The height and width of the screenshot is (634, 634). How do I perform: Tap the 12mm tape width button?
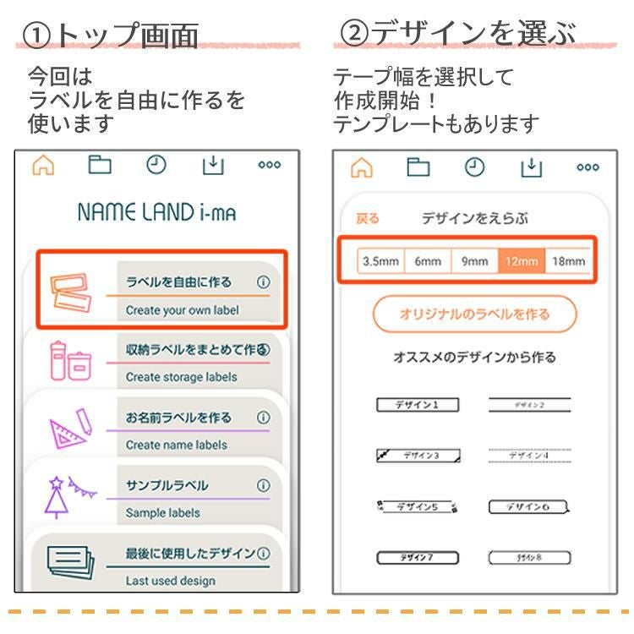(522, 261)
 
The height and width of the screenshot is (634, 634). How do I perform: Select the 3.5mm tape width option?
(380, 261)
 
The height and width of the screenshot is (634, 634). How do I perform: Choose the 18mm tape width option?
(568, 261)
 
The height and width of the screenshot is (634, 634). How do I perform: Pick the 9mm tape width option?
(474, 261)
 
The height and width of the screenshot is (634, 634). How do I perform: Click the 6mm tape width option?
(428, 261)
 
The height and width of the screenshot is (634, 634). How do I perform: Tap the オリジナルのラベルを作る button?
(474, 314)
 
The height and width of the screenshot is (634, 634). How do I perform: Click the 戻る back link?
(368, 219)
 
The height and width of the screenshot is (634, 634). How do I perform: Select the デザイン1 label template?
(417, 405)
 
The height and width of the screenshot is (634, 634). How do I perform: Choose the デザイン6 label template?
(529, 507)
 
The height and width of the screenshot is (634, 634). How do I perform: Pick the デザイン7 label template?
(417, 558)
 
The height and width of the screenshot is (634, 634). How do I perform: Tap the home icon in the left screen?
(43, 166)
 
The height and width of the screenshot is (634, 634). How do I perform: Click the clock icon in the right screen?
(474, 167)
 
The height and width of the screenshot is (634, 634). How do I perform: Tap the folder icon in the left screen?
(100, 166)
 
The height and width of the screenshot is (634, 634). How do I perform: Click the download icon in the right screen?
(531, 167)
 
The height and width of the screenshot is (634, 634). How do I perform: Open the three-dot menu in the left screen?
(269, 166)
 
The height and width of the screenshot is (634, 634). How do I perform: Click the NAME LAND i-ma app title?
(156, 212)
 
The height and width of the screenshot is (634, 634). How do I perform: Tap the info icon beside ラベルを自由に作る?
(263, 282)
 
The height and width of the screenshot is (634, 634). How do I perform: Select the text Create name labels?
(177, 445)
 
